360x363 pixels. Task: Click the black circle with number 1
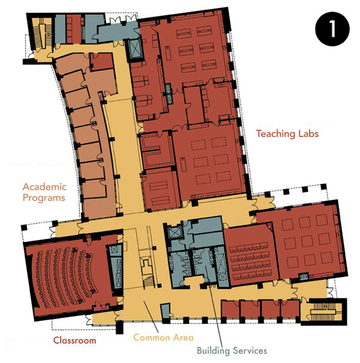point(332,29)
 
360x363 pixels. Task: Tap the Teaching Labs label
point(287,134)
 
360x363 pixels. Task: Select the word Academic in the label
point(44,187)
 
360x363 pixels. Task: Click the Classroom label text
point(74,340)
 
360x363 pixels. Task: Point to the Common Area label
point(163,337)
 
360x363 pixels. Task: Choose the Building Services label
point(232,350)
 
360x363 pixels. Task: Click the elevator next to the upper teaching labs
point(134,49)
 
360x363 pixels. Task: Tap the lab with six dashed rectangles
point(209,162)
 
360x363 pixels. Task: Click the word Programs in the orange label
point(44,198)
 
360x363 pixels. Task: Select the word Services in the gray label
point(250,350)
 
